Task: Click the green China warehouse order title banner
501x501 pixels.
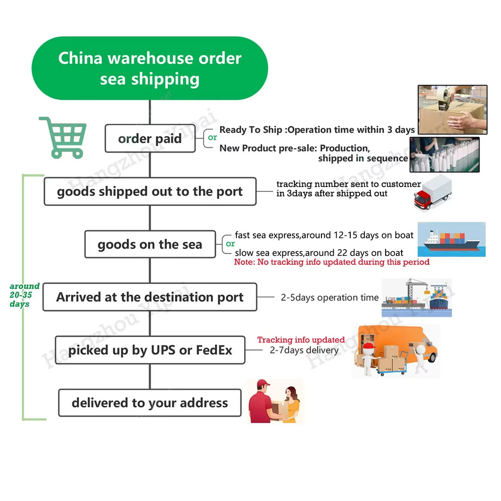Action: click(x=150, y=68)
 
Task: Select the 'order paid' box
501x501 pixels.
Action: click(x=150, y=138)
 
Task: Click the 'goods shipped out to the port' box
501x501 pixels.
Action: click(x=150, y=191)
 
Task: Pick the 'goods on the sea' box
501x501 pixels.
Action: click(x=150, y=244)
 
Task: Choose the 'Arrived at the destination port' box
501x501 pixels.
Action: click(x=150, y=297)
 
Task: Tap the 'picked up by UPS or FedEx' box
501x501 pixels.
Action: click(x=150, y=350)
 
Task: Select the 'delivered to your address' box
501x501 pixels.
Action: click(x=150, y=403)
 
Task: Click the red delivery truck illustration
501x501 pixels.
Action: click(x=433, y=192)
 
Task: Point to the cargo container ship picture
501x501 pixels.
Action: click(x=451, y=239)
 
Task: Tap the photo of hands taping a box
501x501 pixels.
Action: click(x=452, y=109)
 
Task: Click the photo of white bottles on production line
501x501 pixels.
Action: click(x=444, y=155)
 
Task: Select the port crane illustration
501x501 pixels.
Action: click(x=416, y=297)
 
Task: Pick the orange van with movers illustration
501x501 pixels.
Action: click(x=395, y=350)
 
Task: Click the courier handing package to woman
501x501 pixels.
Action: click(x=274, y=401)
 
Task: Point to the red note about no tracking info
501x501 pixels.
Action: click(x=332, y=262)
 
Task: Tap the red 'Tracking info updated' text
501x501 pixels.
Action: click(x=301, y=340)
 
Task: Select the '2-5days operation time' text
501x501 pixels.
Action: click(x=329, y=297)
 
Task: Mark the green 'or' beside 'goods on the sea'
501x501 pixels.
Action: click(x=230, y=244)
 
